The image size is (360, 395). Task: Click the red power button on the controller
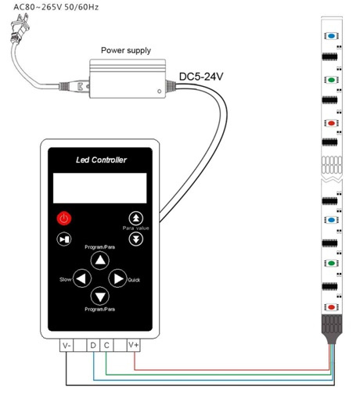pyautogui.click(x=64, y=218)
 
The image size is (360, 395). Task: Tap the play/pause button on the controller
pyautogui.click(x=64, y=239)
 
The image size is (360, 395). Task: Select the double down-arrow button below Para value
pyautogui.click(x=136, y=239)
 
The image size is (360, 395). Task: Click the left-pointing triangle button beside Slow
pyautogui.click(x=82, y=278)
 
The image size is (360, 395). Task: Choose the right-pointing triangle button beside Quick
pyautogui.click(x=117, y=278)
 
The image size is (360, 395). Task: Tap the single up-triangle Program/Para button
pyautogui.click(x=100, y=260)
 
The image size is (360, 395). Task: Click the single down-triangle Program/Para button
pyautogui.click(x=100, y=296)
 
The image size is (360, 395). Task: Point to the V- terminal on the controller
pyautogui.click(x=67, y=345)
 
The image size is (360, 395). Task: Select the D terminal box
pyautogui.click(x=93, y=345)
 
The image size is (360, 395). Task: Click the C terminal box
pyautogui.click(x=106, y=345)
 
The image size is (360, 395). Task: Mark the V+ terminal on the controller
pyautogui.click(x=134, y=345)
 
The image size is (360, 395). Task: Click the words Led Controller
pyautogui.click(x=101, y=160)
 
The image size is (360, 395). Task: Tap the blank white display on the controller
pyautogui.click(x=100, y=188)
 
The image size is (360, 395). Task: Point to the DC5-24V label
pyautogui.click(x=201, y=77)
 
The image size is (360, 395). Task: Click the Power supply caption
pyautogui.click(x=126, y=50)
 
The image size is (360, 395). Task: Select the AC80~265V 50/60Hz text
pyautogui.click(x=56, y=7)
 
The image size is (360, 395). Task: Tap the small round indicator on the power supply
pyautogui.click(x=159, y=92)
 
